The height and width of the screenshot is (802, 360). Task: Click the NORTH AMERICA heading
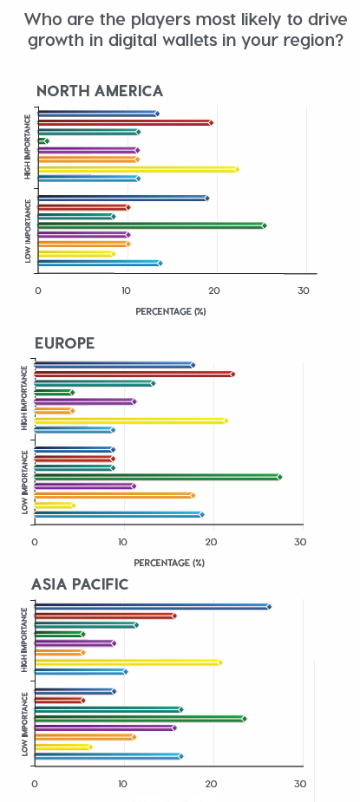(x=99, y=91)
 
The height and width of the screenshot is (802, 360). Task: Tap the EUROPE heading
(x=64, y=343)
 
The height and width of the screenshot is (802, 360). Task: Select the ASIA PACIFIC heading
(x=80, y=584)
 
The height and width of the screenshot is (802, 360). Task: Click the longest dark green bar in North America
(x=151, y=225)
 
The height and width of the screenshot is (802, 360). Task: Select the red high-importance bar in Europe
(x=134, y=374)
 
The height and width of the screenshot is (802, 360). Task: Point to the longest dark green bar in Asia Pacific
(x=139, y=719)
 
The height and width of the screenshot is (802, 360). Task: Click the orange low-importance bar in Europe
(x=113, y=495)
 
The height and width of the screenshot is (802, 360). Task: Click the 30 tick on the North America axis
(x=303, y=290)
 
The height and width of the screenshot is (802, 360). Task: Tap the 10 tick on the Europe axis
(x=123, y=543)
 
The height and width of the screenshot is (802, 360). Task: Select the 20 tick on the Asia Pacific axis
(x=211, y=784)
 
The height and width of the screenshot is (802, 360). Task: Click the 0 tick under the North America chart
(x=38, y=290)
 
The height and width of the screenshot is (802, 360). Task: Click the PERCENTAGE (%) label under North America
(x=170, y=310)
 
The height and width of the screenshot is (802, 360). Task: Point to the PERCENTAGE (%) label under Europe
(x=169, y=563)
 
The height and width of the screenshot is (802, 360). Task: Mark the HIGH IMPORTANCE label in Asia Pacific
(x=25, y=640)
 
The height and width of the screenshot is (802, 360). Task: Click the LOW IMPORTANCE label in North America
(x=28, y=231)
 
